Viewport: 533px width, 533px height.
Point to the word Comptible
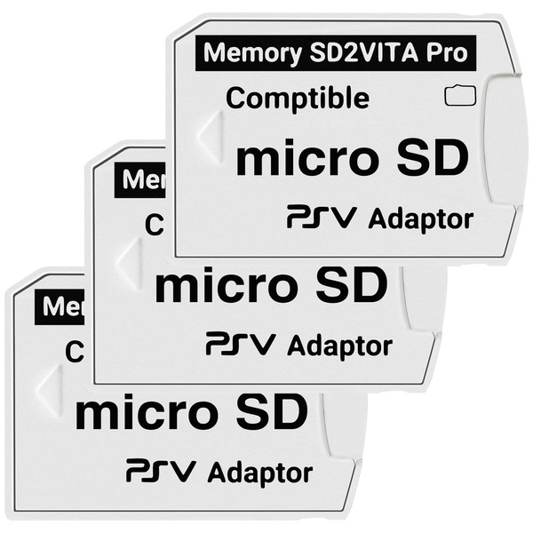298,98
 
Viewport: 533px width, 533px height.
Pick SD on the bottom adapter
270,412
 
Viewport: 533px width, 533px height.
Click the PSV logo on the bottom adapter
155,470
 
